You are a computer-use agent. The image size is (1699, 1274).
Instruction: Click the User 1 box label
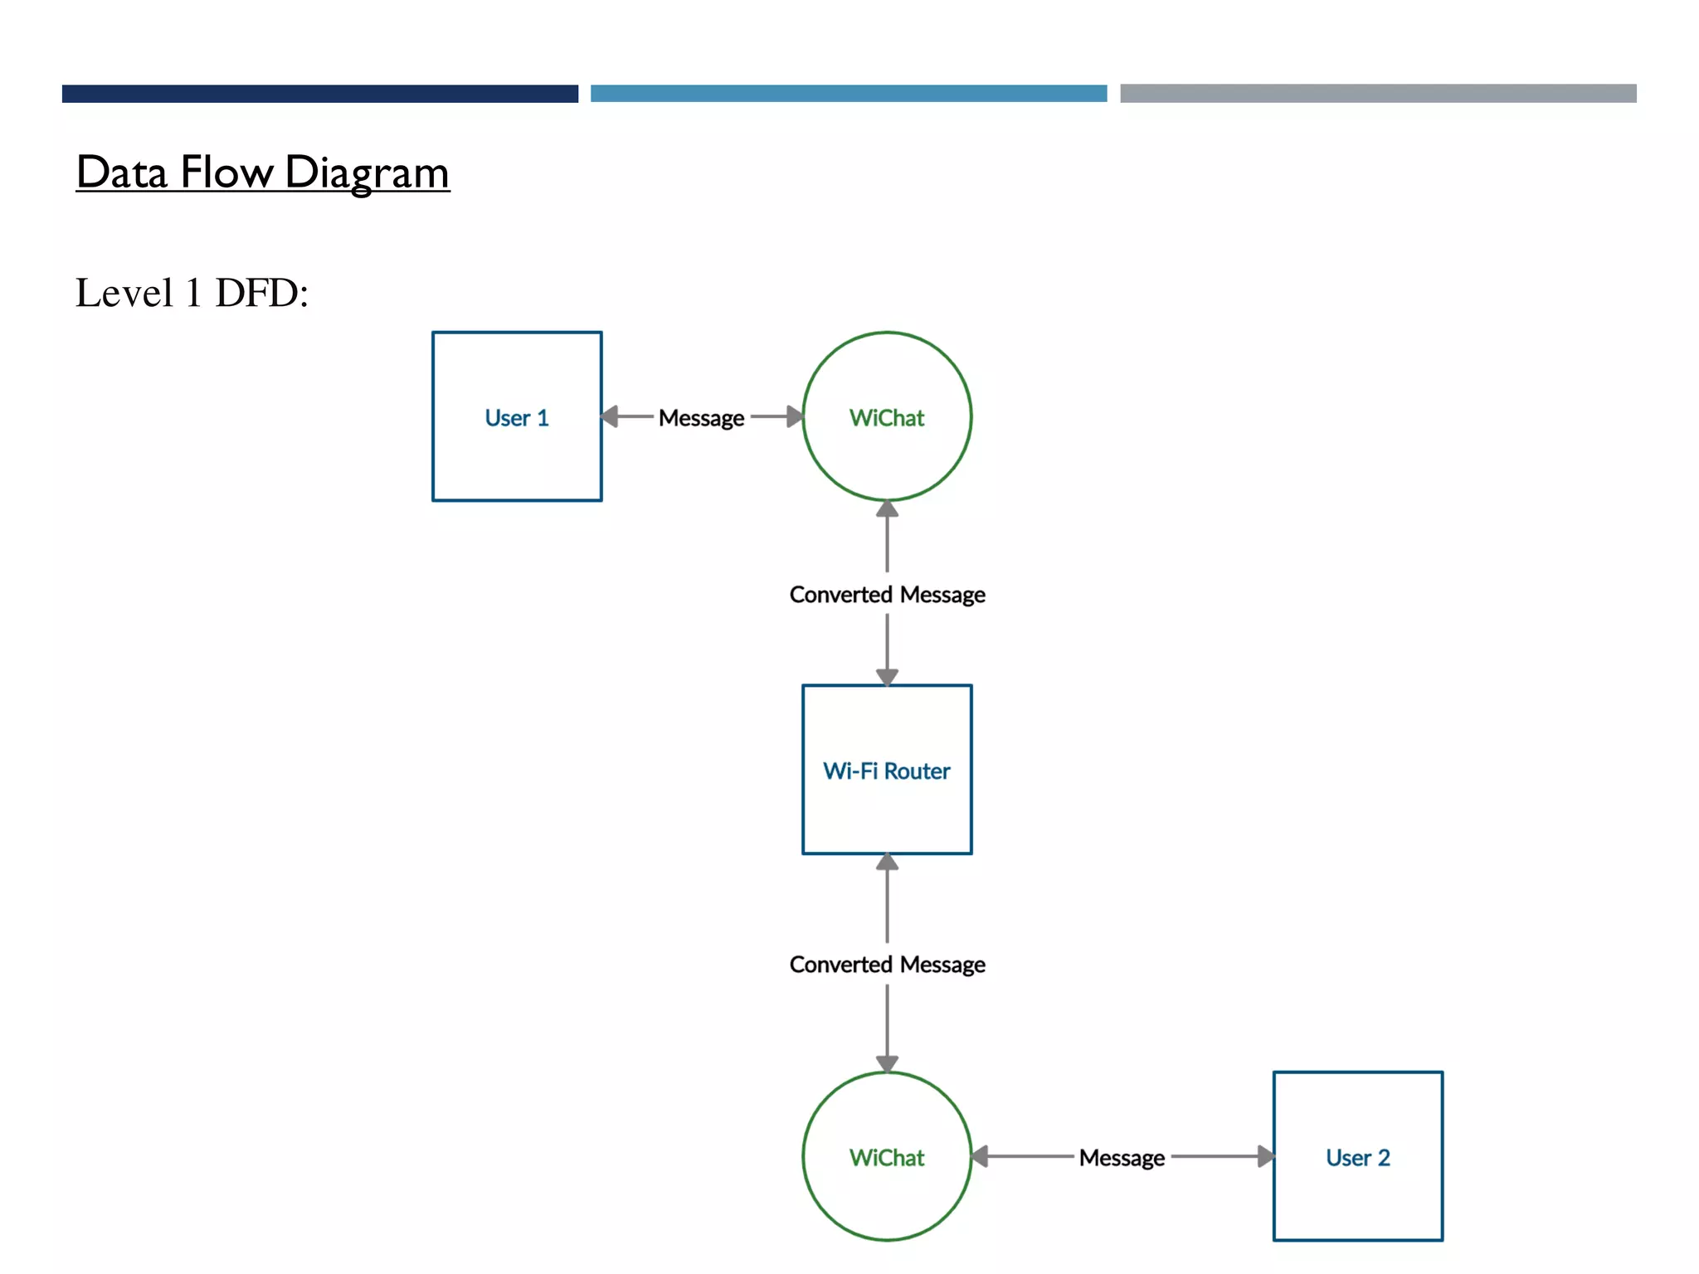point(516,418)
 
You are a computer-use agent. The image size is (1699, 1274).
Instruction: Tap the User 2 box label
point(1357,1157)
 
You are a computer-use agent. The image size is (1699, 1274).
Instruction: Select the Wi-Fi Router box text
point(886,771)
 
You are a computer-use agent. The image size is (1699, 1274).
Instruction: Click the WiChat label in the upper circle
point(886,418)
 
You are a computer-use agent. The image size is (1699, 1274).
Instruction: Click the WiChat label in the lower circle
point(886,1157)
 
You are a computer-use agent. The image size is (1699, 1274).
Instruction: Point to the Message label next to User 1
point(701,418)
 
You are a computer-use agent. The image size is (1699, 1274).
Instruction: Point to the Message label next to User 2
point(1122,1157)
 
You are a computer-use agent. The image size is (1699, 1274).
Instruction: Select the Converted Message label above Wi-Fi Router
point(887,595)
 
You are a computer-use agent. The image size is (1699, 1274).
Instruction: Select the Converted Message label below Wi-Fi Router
point(887,965)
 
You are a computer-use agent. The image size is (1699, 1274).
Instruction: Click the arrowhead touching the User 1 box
point(611,416)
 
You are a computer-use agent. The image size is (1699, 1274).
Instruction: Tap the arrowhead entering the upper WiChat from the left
point(794,416)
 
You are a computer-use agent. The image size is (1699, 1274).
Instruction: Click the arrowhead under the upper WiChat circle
point(887,508)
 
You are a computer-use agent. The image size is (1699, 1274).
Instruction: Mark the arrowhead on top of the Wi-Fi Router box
point(887,677)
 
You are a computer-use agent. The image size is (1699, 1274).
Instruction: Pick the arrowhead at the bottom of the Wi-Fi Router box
point(887,862)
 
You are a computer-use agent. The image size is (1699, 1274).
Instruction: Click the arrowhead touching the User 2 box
point(1265,1156)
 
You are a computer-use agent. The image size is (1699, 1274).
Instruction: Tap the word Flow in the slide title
point(226,173)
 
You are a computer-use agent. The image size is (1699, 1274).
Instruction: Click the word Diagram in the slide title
point(366,173)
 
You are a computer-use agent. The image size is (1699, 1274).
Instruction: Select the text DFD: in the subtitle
point(261,293)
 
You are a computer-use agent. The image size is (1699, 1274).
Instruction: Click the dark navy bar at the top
point(319,93)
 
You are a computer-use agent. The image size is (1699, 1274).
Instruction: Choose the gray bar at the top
point(1377,93)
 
